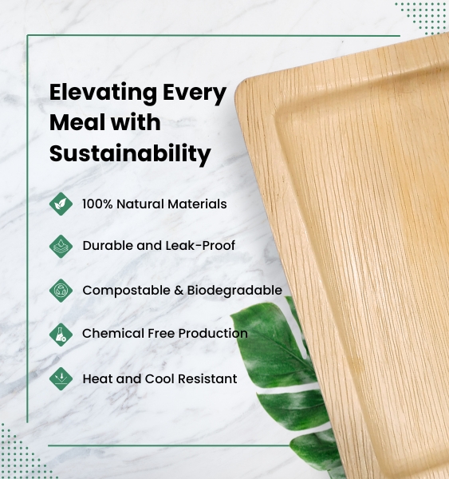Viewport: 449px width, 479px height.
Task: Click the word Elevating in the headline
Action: point(103,93)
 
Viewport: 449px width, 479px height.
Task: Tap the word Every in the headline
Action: point(195,93)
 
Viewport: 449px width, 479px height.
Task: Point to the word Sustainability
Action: point(130,153)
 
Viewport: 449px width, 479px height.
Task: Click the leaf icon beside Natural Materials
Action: point(61,204)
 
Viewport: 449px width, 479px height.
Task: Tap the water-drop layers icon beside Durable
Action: point(61,246)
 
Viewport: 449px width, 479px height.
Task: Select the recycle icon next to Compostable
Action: point(61,291)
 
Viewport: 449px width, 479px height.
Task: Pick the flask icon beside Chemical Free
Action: point(61,335)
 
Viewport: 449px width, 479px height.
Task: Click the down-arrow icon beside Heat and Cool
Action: point(61,378)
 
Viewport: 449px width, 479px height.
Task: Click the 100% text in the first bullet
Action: point(97,204)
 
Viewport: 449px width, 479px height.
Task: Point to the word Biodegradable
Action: point(234,291)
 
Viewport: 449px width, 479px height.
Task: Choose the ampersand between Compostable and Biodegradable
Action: point(179,291)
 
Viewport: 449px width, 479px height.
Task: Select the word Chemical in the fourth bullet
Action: point(113,333)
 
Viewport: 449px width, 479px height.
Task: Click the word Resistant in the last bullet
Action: point(207,378)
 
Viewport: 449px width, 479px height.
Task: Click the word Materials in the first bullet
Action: point(197,204)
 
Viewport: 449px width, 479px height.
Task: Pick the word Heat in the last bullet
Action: point(97,378)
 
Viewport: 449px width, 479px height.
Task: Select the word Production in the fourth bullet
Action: point(213,333)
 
